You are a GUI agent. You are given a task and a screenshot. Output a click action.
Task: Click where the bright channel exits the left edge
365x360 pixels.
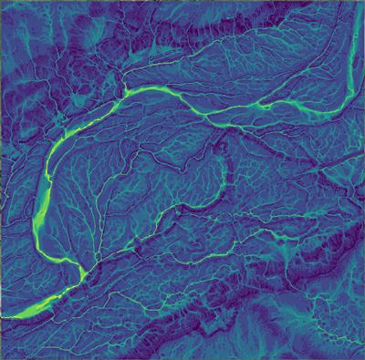point(3,316)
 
